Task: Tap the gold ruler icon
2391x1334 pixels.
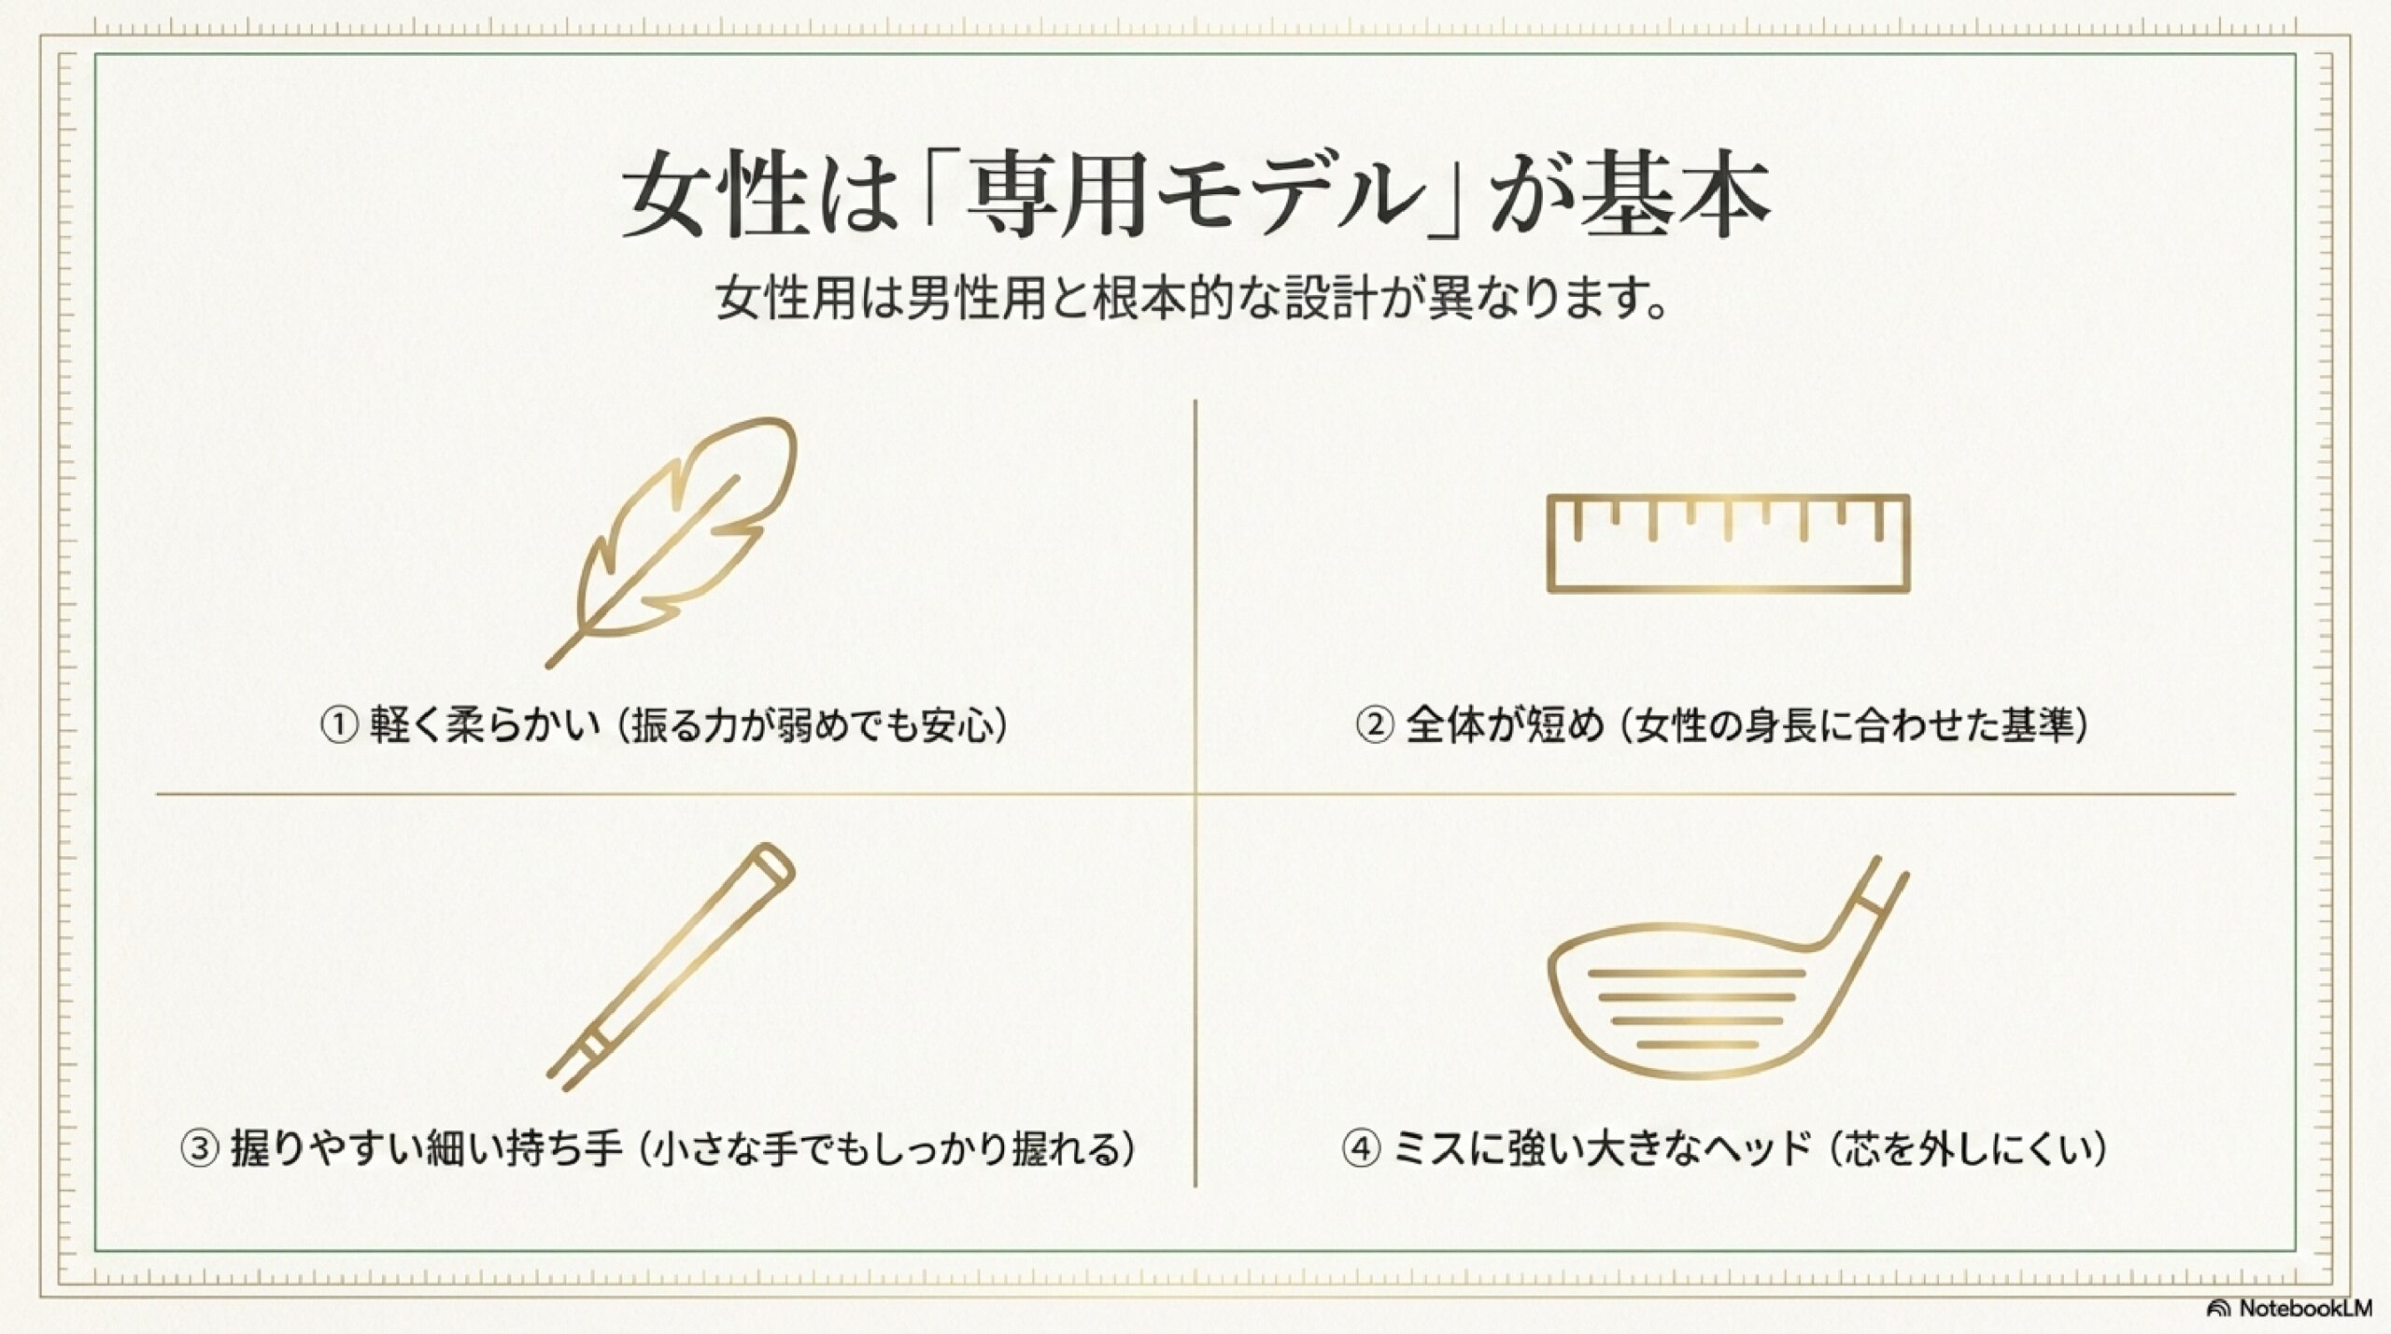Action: point(1728,543)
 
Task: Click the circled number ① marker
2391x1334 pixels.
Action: point(339,725)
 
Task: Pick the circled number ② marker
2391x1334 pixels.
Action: point(1374,725)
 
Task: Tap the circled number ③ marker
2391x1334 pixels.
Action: point(199,1148)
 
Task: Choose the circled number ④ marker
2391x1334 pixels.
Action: point(1361,1148)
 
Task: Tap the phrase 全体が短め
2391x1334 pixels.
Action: point(1505,725)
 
